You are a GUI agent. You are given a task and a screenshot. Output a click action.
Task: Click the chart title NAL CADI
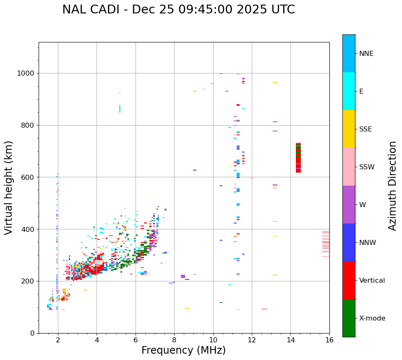pos(178,10)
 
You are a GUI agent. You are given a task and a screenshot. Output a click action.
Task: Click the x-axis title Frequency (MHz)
pos(183,350)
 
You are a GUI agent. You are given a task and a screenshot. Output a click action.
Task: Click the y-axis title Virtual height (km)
pos(9,188)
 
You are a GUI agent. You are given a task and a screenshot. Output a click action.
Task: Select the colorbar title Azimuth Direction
pos(392,186)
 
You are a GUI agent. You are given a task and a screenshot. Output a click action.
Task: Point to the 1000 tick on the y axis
pos(26,74)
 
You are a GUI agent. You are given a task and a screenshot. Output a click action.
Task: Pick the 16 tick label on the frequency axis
pos(329,340)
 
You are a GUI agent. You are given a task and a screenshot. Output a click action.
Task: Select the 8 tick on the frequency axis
pos(174,340)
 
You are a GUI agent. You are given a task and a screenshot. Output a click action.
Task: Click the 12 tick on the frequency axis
pos(252,340)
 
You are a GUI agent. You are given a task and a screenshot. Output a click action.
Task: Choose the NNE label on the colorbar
pos(366,54)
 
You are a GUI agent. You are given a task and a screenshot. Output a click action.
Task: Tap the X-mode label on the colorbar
pos(372,318)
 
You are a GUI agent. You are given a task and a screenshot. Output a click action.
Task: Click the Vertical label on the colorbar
pos(372,281)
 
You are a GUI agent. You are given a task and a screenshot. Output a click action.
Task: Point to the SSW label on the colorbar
pos(367,167)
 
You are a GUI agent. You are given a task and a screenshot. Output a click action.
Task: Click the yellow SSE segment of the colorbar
pos(349,129)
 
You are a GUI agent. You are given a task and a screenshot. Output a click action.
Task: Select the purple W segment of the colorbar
pos(349,205)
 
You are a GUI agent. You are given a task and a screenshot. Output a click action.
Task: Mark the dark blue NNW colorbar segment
pos(349,242)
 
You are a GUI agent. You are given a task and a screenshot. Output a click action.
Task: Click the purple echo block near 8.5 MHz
pos(183,276)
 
